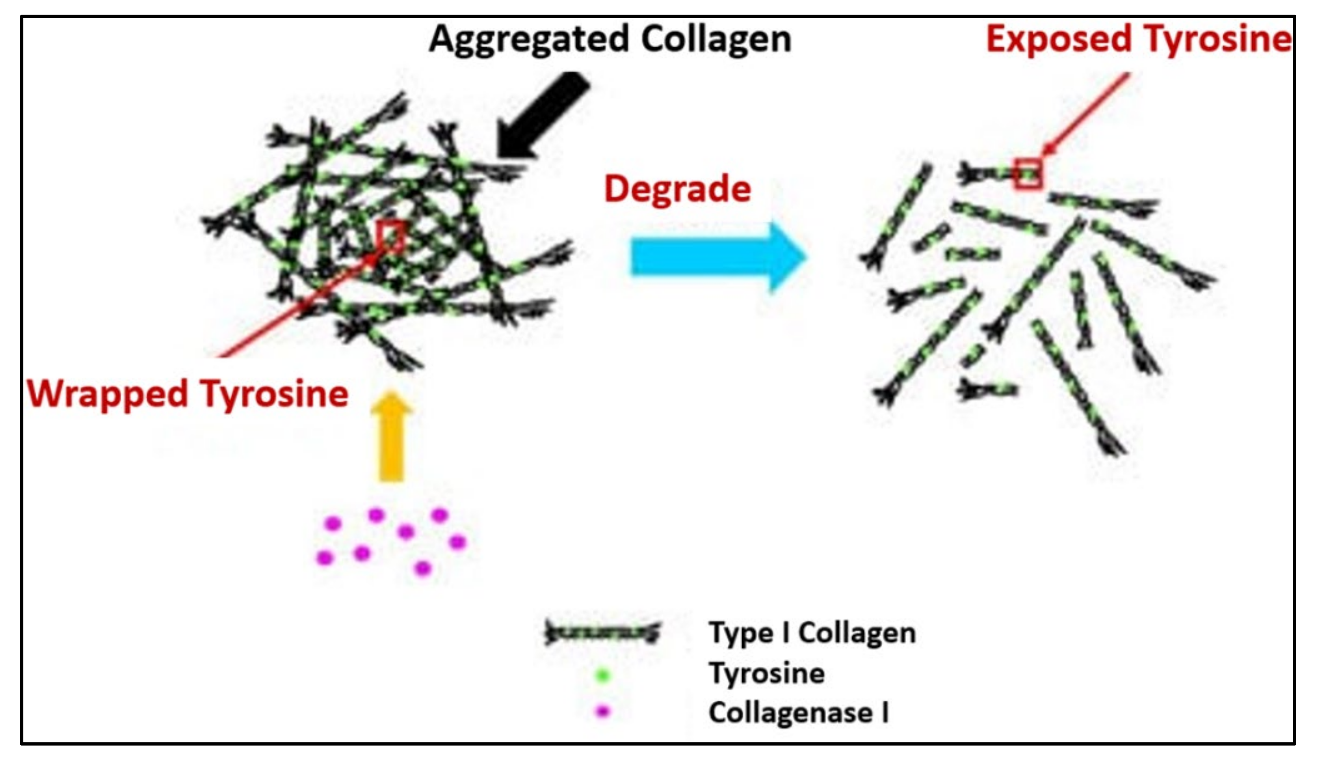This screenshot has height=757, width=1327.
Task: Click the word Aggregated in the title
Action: tap(530, 41)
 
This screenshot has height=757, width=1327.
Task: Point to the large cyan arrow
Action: tap(717, 257)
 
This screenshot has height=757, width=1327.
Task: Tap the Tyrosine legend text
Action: tap(767, 673)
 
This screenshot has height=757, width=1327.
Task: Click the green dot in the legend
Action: tap(603, 675)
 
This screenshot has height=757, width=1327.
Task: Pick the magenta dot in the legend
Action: tap(603, 711)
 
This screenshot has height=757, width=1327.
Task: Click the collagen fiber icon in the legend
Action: tap(602, 633)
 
